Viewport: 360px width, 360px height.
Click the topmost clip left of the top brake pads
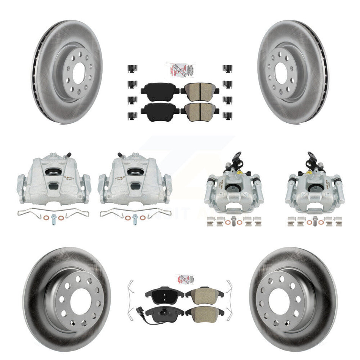coord(131,68)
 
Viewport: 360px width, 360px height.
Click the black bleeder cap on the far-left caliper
coord(69,155)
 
